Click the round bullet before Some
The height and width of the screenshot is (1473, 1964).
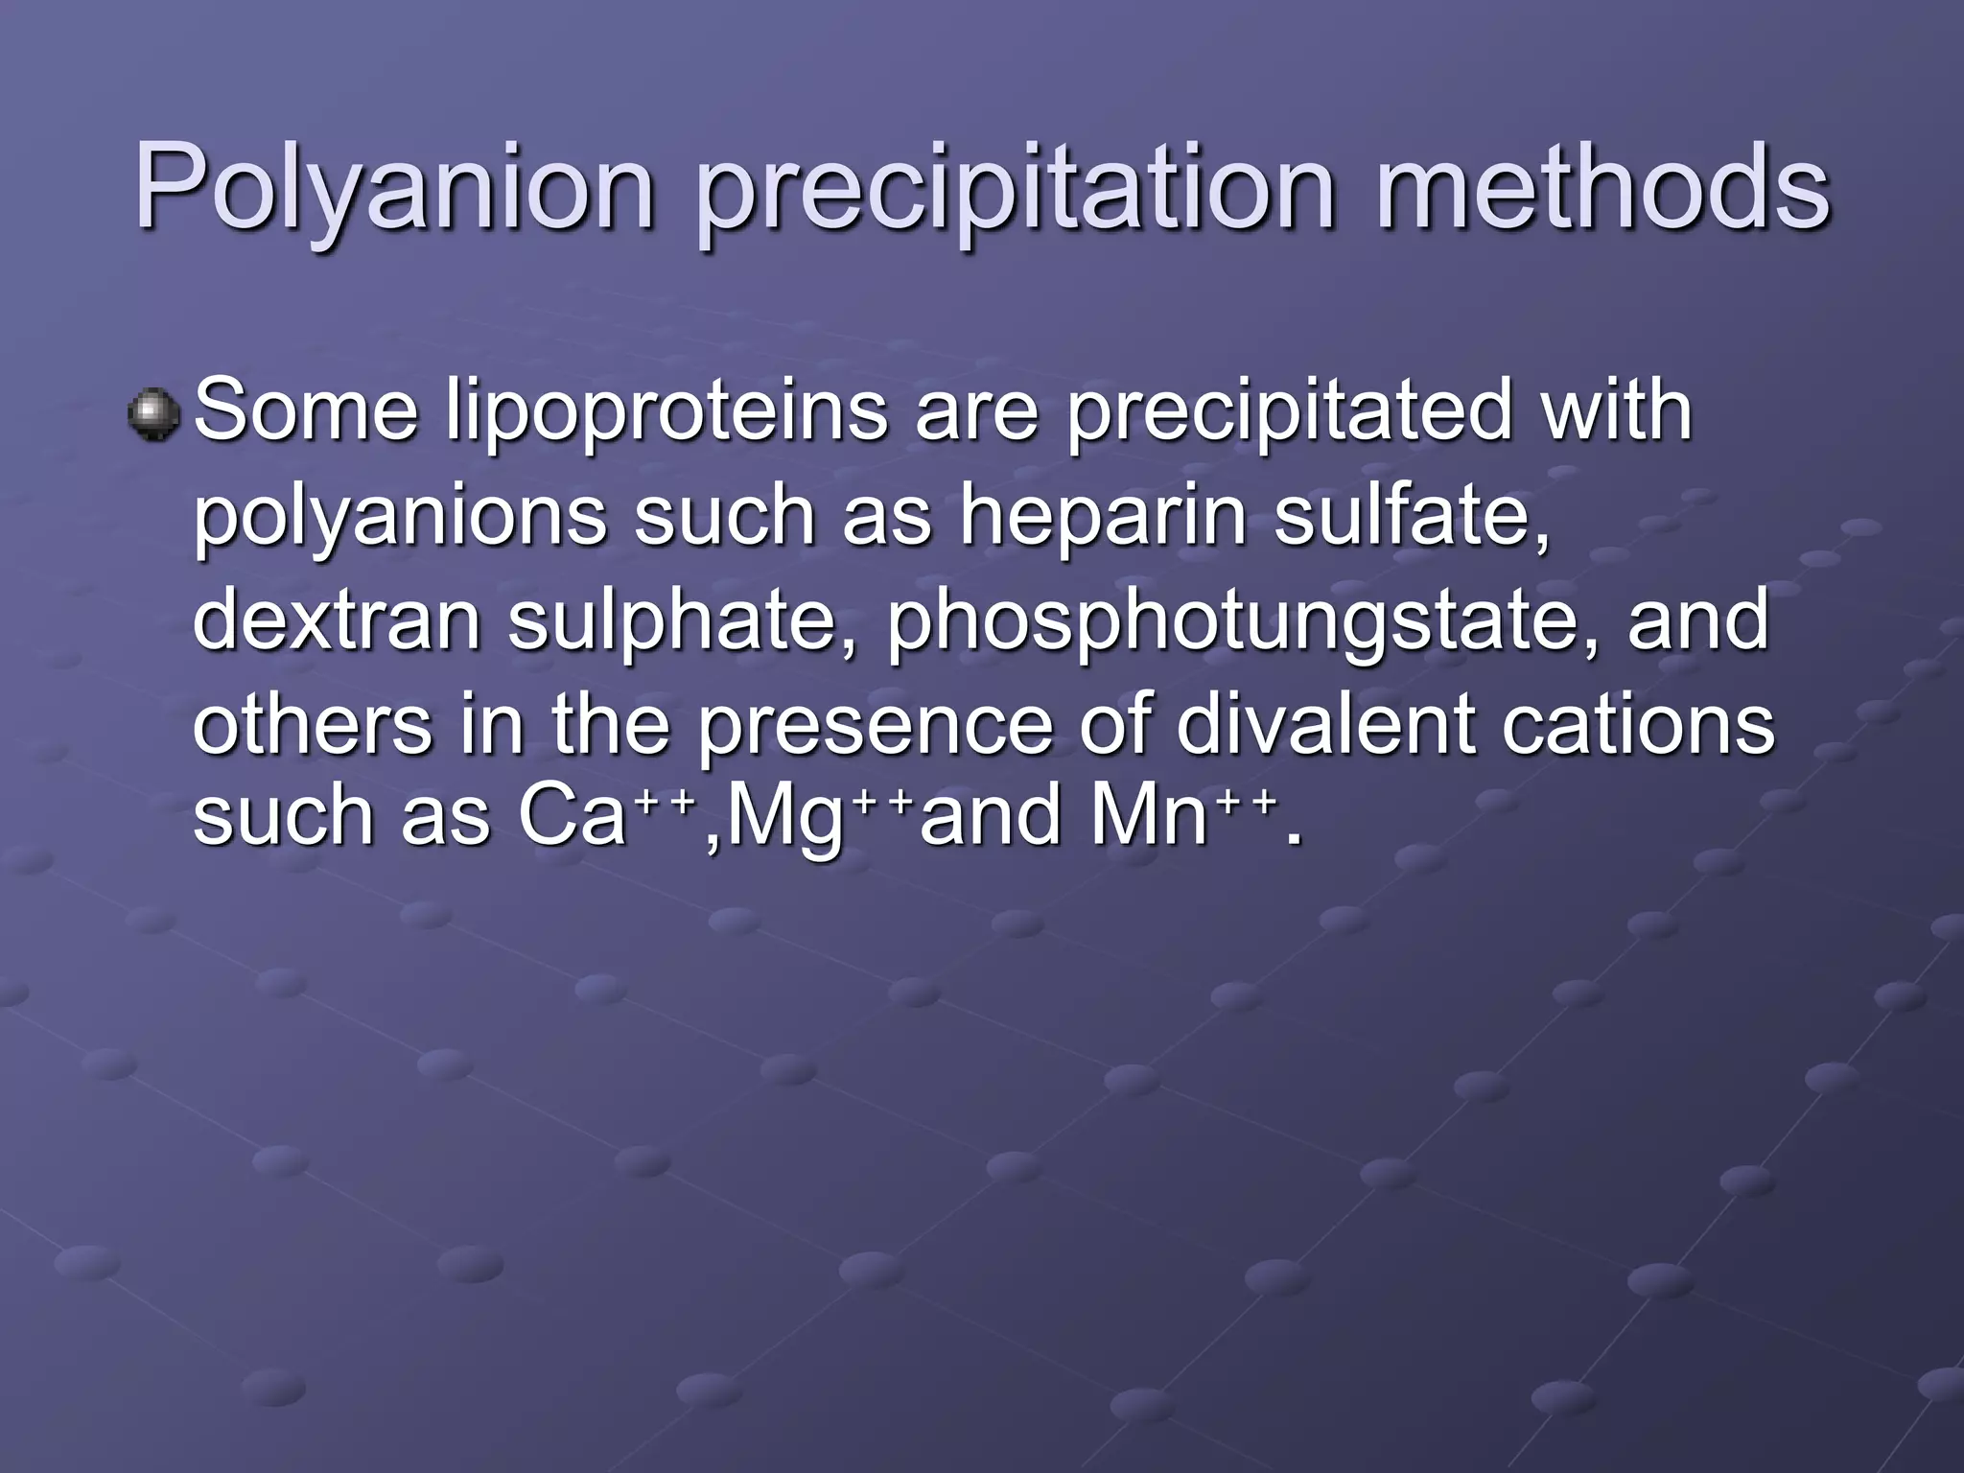(x=153, y=414)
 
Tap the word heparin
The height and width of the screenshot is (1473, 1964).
(x=1103, y=518)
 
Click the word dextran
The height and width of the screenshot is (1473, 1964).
(x=337, y=620)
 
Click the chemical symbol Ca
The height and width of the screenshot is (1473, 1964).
(x=572, y=816)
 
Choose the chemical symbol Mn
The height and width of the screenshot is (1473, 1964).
(x=1148, y=816)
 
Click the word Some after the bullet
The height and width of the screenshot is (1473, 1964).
(x=306, y=412)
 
